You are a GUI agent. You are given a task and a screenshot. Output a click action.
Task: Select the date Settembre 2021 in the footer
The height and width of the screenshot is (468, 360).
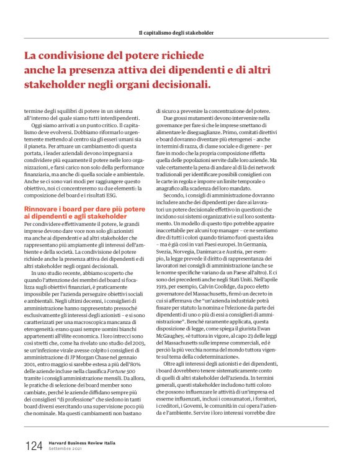pyautogui.click(x=66, y=450)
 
